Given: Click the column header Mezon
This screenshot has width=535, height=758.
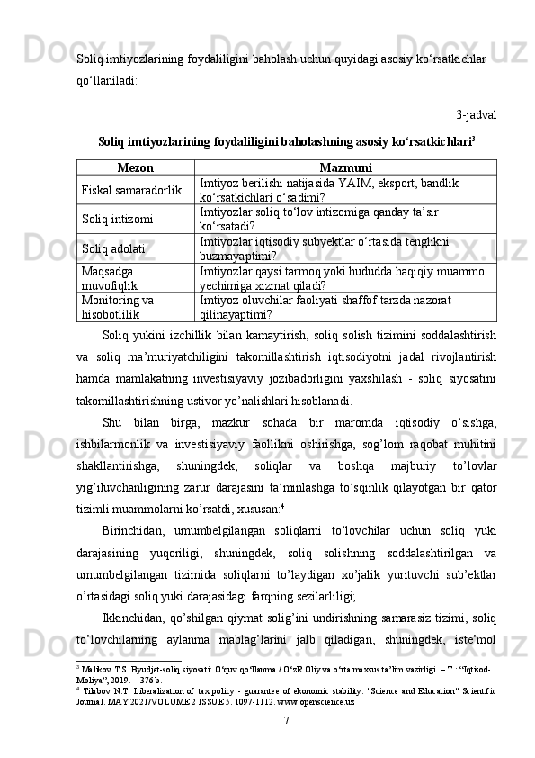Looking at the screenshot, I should pyautogui.click(x=136, y=167).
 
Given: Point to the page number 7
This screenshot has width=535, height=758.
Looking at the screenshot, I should pyautogui.click(x=286, y=720).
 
